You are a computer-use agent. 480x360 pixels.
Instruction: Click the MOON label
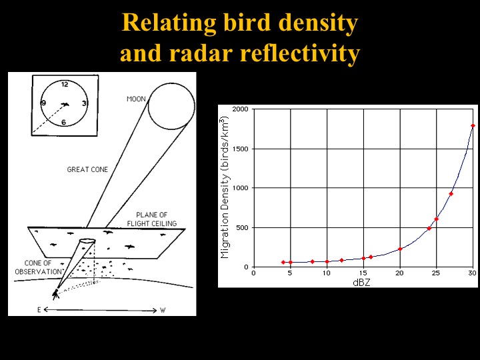point(136,99)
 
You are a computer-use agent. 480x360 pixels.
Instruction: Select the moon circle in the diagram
point(171,106)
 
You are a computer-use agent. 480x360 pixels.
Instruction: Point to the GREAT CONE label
point(87,170)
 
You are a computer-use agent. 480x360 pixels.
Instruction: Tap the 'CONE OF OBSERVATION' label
point(38,267)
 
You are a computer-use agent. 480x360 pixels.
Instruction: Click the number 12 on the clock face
point(65,85)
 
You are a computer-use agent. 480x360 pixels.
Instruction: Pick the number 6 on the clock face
point(64,121)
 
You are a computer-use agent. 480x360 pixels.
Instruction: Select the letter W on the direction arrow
point(163,310)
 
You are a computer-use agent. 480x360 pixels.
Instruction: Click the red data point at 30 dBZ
point(473,125)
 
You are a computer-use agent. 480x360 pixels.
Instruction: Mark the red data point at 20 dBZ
point(400,249)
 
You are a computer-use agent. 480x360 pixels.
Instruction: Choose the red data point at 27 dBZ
point(451,194)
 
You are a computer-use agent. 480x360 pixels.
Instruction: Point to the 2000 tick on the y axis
point(241,109)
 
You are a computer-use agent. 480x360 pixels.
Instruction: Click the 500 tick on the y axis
point(243,227)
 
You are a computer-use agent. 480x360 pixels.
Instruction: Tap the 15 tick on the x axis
point(363,273)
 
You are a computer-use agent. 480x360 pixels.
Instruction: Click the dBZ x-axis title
point(362,281)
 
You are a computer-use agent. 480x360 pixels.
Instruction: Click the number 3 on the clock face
point(85,103)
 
